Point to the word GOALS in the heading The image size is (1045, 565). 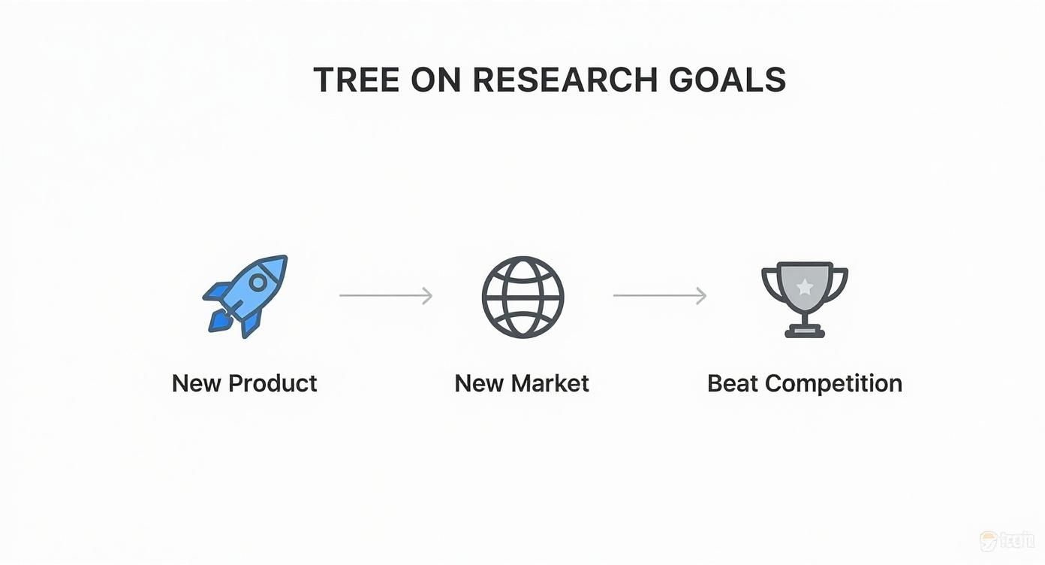[x=728, y=80]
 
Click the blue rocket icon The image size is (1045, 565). [x=245, y=296]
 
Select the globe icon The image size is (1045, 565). [x=522, y=296]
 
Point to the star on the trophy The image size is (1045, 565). [x=804, y=286]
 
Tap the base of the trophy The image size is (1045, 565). [x=804, y=331]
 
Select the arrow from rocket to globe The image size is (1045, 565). [x=386, y=296]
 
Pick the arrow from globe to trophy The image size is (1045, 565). [x=660, y=296]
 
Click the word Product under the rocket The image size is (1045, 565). [x=273, y=383]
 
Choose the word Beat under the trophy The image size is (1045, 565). [x=733, y=383]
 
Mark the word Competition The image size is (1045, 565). [x=833, y=384]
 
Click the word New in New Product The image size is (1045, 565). [x=197, y=383]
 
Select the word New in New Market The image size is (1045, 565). [x=479, y=383]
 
